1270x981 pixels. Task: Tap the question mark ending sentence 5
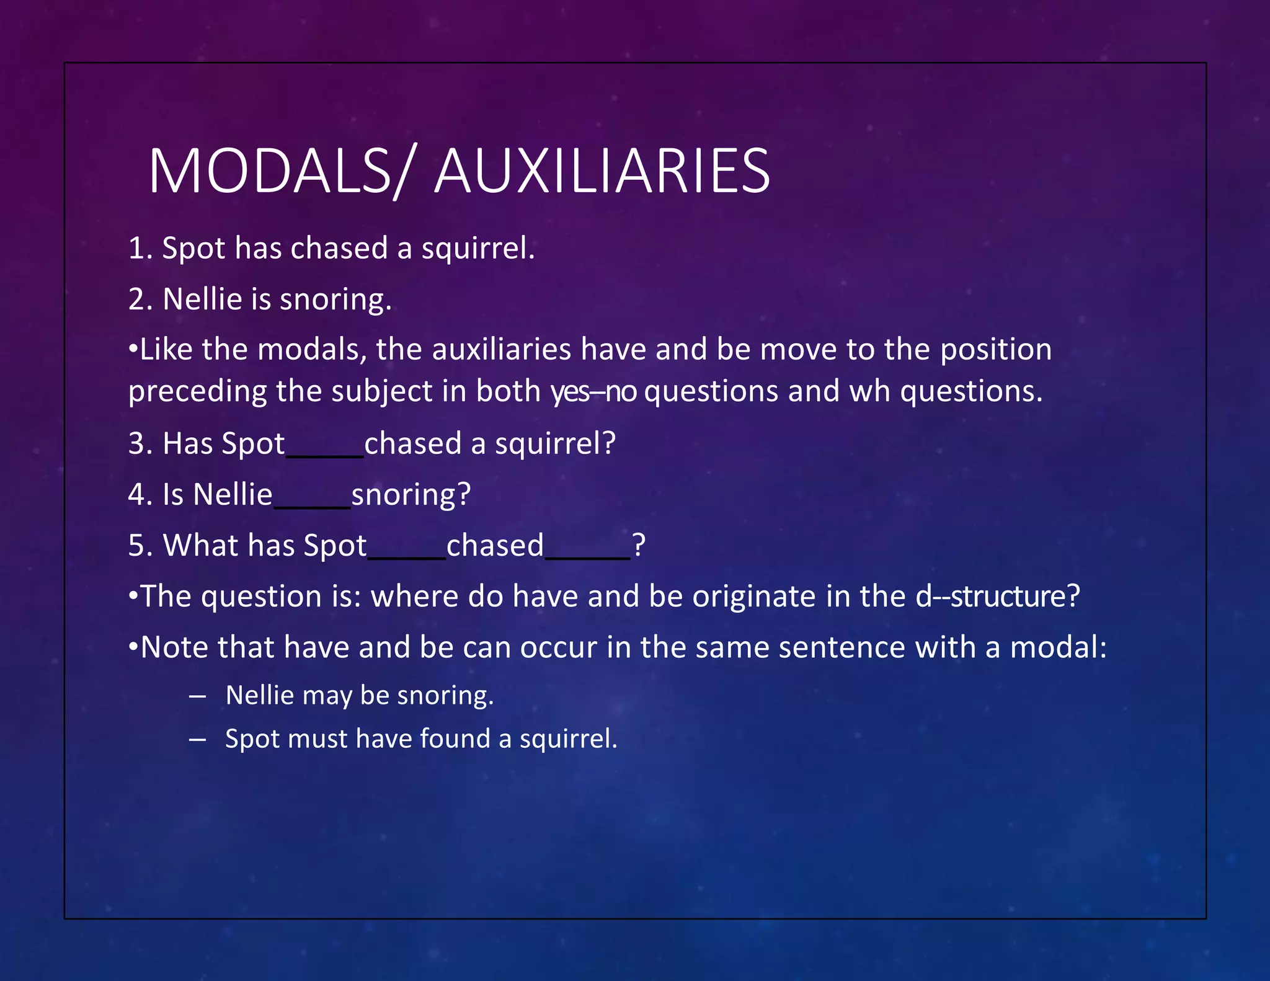pyautogui.click(x=639, y=546)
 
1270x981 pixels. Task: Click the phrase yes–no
pyautogui.click(x=593, y=392)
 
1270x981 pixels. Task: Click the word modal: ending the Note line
pyautogui.click(x=1058, y=647)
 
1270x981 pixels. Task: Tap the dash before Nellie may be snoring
pyautogui.click(x=197, y=696)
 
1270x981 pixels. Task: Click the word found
pyautogui.click(x=455, y=739)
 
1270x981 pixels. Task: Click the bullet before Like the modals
pyautogui.click(x=133, y=350)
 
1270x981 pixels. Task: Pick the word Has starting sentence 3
pyautogui.click(x=187, y=444)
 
